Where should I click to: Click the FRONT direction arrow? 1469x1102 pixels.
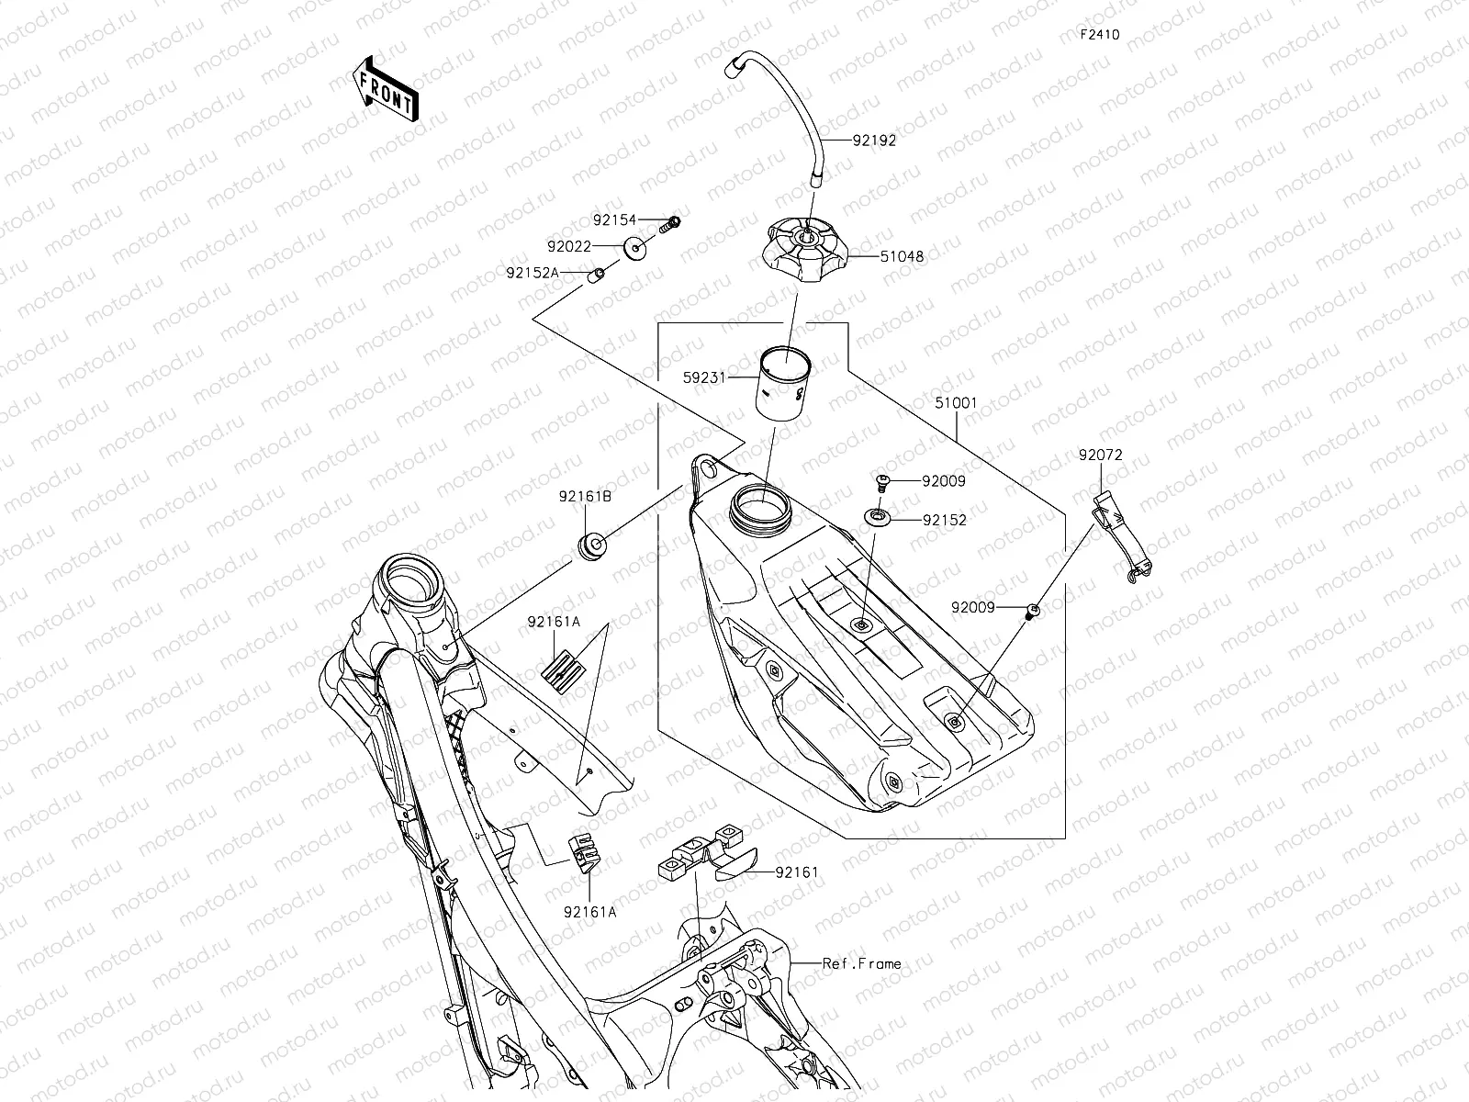pyautogui.click(x=385, y=88)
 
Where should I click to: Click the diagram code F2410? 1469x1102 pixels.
pyautogui.click(x=1099, y=35)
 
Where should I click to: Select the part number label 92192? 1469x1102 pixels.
pyautogui.click(x=873, y=141)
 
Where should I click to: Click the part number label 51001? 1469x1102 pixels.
pyautogui.click(x=956, y=402)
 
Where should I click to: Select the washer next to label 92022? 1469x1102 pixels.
pyautogui.click(x=634, y=246)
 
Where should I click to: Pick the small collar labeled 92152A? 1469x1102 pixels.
pyautogui.click(x=597, y=273)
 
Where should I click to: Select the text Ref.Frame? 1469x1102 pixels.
pyautogui.click(x=861, y=963)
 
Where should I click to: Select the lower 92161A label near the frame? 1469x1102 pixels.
pyautogui.click(x=589, y=911)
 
